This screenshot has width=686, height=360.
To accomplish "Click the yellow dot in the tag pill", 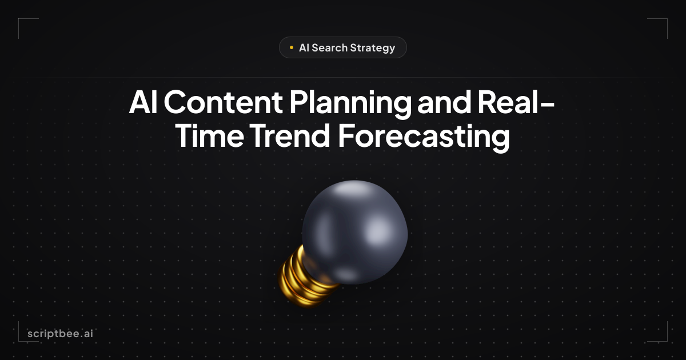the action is (x=291, y=47).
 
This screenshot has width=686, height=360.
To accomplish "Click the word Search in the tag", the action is (x=329, y=48).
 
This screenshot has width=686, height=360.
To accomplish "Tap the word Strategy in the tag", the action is (x=372, y=49).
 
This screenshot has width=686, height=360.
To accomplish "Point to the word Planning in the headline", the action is (x=350, y=104).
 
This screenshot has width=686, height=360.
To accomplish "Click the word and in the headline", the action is (x=444, y=101).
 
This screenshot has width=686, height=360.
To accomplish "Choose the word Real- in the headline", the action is (x=516, y=101).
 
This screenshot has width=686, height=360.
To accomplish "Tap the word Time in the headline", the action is (x=210, y=135).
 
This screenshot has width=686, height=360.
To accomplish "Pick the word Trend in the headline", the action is (x=290, y=135).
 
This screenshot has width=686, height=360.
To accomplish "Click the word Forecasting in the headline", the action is (x=424, y=137).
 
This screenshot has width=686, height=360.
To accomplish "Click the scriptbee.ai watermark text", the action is (x=61, y=334).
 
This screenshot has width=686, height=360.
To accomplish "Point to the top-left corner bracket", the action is (x=19, y=19).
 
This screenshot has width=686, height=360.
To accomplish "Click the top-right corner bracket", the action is (x=667, y=19).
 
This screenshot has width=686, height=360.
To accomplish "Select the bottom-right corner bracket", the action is (x=667, y=341).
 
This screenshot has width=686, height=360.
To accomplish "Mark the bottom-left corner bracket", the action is (x=19, y=341).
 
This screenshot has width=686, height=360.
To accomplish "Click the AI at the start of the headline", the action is (x=143, y=102).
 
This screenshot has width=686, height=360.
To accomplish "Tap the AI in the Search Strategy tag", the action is (x=304, y=48).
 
